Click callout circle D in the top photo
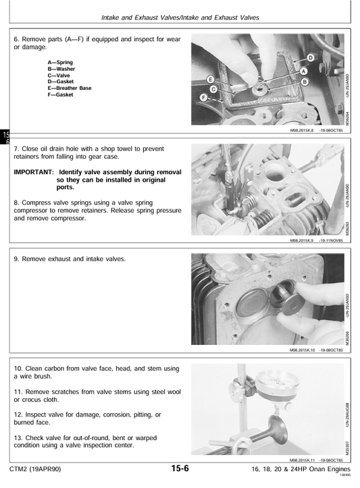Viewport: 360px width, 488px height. (311, 58)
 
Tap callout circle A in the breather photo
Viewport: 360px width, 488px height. (303, 72)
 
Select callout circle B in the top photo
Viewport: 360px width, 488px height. (305, 82)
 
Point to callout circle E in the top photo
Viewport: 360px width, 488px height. (211, 79)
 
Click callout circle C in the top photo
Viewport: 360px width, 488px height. (213, 89)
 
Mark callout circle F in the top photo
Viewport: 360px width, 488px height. (203, 98)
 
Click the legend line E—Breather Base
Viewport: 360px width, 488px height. (70, 88)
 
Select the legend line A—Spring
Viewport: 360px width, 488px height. (60, 62)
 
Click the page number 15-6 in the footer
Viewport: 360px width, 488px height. (180, 468)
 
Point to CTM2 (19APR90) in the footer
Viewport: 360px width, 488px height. (35, 469)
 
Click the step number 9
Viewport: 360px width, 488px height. (16, 259)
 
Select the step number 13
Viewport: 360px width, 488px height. (18, 438)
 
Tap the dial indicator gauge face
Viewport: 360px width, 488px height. (276, 382)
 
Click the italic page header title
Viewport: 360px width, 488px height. (180, 18)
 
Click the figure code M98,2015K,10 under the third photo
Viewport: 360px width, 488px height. (303, 350)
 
